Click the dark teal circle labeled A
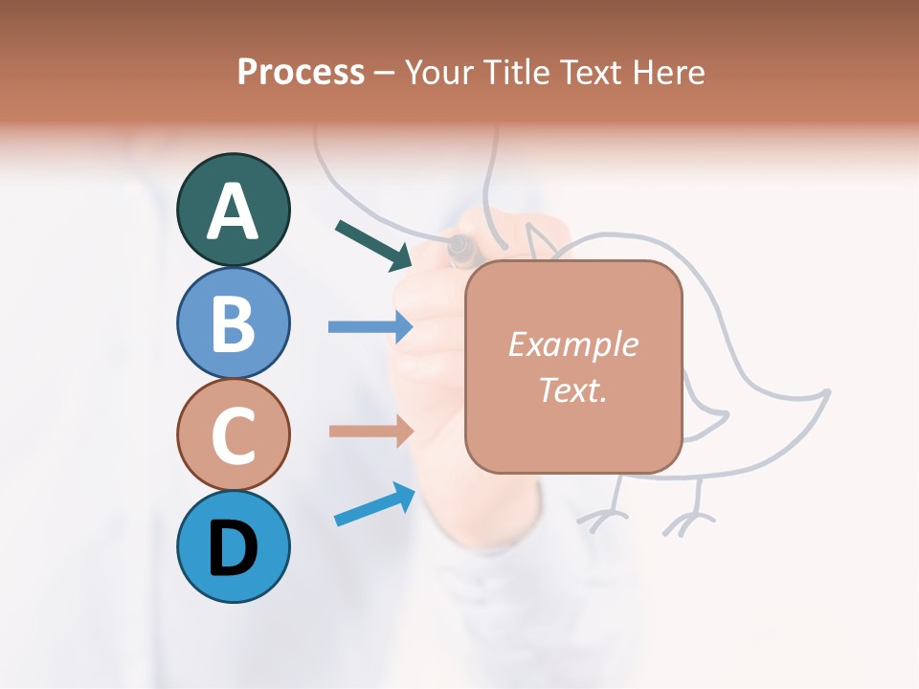[x=233, y=210]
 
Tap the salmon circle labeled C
[x=233, y=434]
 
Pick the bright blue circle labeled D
[x=233, y=546]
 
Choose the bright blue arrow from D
[x=374, y=504]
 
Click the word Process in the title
[x=301, y=72]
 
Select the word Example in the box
[x=572, y=344]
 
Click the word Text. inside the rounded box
[x=572, y=389]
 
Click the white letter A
[x=233, y=211]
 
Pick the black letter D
[x=233, y=548]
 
